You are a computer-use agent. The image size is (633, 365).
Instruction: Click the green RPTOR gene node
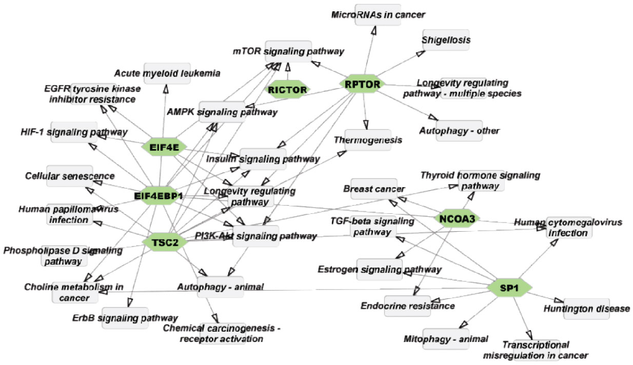coord(362,84)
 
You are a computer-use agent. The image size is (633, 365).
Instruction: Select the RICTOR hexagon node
coord(289,90)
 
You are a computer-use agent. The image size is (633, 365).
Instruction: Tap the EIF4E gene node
coord(163,147)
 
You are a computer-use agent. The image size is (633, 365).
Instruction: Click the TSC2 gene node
coord(165,242)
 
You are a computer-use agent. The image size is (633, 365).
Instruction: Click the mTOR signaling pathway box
coord(288,51)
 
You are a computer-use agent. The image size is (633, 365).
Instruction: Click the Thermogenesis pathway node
coord(368,139)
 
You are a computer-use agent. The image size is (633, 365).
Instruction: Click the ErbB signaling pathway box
coord(125,318)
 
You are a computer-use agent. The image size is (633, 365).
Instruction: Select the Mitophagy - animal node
coord(446,339)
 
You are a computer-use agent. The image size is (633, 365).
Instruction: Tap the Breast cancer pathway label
coord(374,189)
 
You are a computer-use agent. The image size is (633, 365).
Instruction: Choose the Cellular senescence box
coord(69,176)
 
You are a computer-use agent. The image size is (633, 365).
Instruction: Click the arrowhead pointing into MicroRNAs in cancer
coord(374,32)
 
